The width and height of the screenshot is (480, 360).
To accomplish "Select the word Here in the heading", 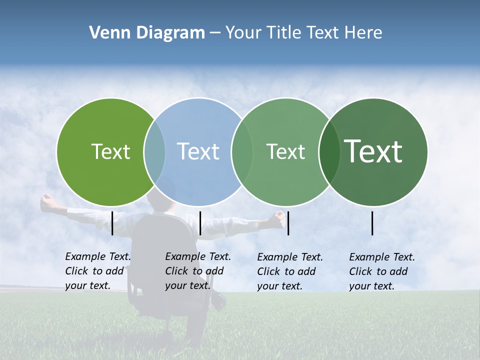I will pyautogui.click(x=363, y=33).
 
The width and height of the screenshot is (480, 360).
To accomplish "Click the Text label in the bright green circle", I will pyautogui.click(x=110, y=151).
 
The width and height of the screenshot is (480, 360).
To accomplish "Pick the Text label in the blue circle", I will pyautogui.click(x=198, y=151).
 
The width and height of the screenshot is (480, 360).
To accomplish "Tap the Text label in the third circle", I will pyautogui.click(x=285, y=151).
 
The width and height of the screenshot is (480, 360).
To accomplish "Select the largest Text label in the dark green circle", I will pyautogui.click(x=373, y=151).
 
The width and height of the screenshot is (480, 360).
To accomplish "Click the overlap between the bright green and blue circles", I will pyautogui.click(x=154, y=152).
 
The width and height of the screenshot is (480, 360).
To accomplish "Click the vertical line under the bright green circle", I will pyautogui.click(x=112, y=223).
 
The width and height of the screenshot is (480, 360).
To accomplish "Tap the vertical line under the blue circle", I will pyautogui.click(x=200, y=223).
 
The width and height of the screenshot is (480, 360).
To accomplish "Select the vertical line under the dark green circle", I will pyautogui.click(x=372, y=223).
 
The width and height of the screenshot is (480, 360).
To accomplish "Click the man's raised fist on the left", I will pyautogui.click(x=47, y=201).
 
